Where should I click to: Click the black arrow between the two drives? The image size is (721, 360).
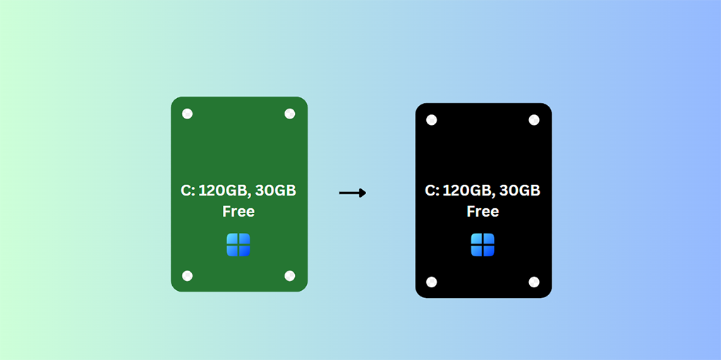coord(352,193)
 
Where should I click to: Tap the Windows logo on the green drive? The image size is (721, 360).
coord(238,245)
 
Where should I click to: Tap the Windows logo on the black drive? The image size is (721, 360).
coord(483,245)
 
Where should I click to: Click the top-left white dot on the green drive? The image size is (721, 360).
coord(187,114)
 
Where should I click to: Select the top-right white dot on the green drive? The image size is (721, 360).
coord(289,114)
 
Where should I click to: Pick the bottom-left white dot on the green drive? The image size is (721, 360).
coord(187,275)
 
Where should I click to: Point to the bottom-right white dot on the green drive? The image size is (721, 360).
coord(289,275)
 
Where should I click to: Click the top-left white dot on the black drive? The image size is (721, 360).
coord(432,120)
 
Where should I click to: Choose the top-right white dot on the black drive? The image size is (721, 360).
coord(534,120)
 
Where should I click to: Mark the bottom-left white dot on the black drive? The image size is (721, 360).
coord(432,282)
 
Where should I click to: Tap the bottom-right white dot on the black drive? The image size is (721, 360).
coord(534,282)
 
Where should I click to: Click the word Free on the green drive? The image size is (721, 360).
coord(238,211)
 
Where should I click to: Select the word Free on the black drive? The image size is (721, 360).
coord(483,211)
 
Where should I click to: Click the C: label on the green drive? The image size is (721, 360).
coord(188,191)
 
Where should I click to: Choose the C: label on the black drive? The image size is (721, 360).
coord(432,191)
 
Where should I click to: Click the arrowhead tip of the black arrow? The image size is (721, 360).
coord(365,193)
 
